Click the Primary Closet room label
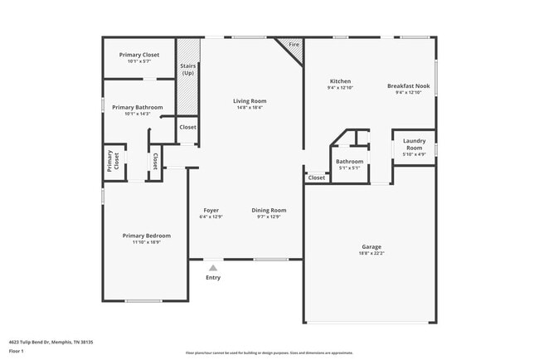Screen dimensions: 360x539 [138, 55]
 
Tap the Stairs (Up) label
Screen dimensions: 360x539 [189, 70]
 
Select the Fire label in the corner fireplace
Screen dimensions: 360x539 [294, 44]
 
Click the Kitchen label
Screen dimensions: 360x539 [340, 81]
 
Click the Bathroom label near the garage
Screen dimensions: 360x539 [350, 161]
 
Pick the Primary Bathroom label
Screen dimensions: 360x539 [138, 107]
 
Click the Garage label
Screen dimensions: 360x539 [371, 246]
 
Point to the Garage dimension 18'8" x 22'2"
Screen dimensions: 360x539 [371, 253]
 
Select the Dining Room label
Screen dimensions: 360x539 [269, 210]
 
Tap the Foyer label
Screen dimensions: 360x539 [211, 210]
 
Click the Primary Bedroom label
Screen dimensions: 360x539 [146, 236]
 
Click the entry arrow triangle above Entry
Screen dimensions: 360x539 [213, 268]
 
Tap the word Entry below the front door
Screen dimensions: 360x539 [213, 277]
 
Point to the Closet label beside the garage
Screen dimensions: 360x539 [317, 178]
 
